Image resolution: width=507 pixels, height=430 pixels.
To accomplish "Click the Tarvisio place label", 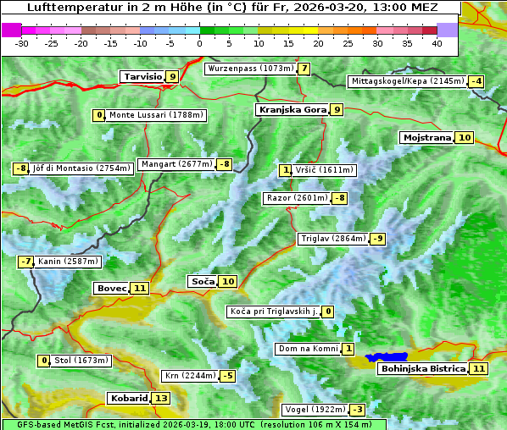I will [142, 77].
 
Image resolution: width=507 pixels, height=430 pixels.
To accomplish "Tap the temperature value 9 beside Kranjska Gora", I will [337, 109].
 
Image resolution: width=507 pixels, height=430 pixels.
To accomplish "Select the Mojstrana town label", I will [426, 137].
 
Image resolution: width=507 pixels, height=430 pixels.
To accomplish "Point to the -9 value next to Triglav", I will [378, 239].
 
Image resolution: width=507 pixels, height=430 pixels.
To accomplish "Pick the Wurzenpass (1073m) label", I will [251, 69].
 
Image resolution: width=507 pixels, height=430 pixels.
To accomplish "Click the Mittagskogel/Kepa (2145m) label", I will [408, 81].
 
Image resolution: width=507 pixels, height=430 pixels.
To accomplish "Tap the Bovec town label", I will [111, 288].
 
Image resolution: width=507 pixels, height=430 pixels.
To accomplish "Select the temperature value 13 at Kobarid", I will [161, 398].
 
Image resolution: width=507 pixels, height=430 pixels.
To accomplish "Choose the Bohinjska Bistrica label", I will [422, 368].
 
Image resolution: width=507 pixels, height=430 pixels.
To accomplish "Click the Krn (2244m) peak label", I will [188, 376].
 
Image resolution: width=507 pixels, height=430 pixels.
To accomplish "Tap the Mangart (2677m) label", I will [176, 164].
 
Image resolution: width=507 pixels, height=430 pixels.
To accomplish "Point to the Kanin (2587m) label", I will [68, 262].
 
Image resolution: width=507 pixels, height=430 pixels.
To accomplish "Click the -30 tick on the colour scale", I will [22, 43].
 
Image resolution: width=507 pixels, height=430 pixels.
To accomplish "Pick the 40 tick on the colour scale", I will [437, 43].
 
